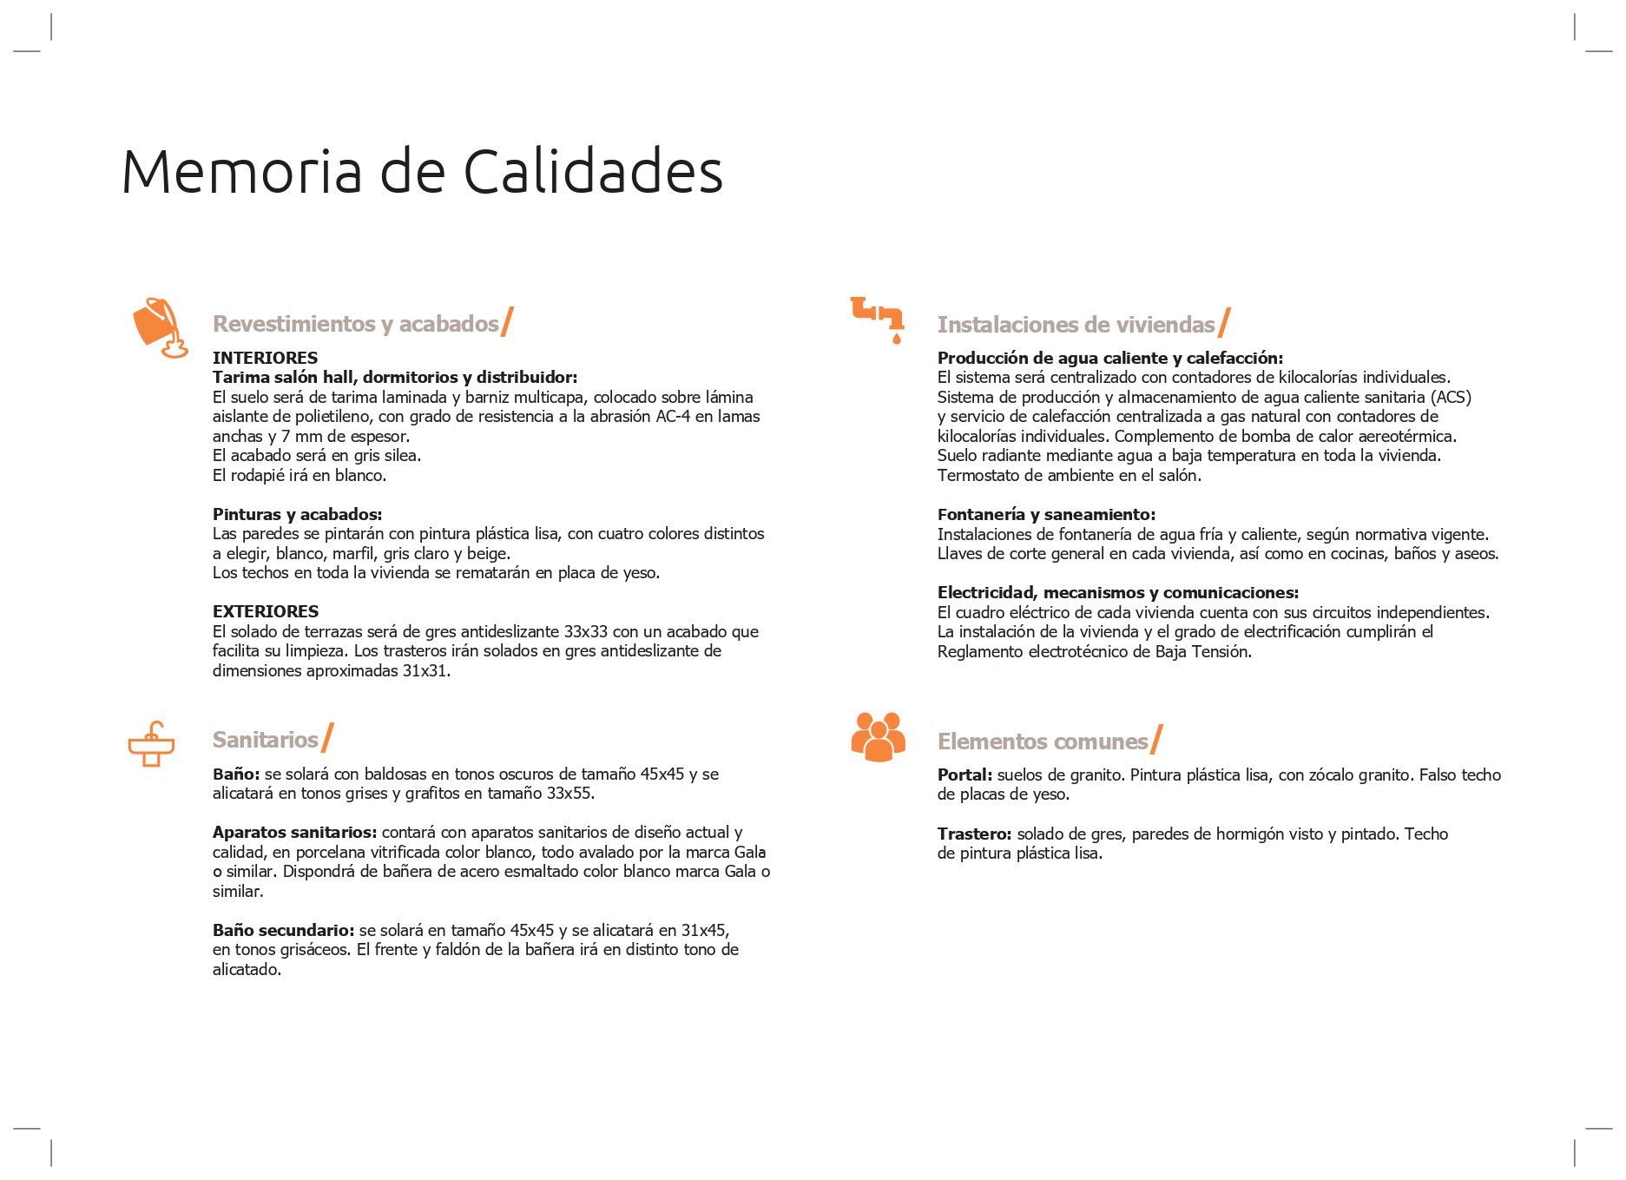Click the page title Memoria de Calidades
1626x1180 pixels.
422,171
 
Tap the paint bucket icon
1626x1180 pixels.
159,327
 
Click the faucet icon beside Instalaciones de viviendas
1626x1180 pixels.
878,318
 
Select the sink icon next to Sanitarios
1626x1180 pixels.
151,744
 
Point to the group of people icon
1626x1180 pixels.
878,736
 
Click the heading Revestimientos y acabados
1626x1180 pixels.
355,324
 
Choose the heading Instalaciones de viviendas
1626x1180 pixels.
1075,325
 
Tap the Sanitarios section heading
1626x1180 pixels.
265,740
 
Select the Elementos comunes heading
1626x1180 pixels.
1042,742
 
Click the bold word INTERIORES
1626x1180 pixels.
265,358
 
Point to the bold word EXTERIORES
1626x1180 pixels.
266,611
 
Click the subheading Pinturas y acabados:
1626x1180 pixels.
297,514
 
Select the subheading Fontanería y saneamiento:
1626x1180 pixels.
1046,515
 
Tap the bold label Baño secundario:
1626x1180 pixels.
283,931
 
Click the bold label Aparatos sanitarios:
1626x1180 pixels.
294,833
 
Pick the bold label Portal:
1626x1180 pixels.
964,775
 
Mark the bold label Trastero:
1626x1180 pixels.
974,834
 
